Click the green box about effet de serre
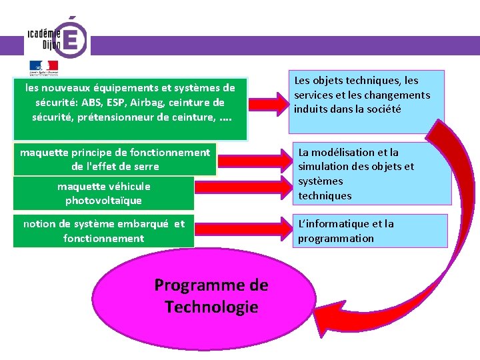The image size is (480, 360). point(115,159)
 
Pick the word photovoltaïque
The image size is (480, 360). point(103,201)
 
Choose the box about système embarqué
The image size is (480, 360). point(103,231)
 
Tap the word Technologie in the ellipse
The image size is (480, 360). point(211,307)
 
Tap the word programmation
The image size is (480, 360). point(336,239)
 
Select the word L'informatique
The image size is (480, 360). point(330,224)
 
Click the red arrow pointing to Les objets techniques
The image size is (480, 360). point(267,103)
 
